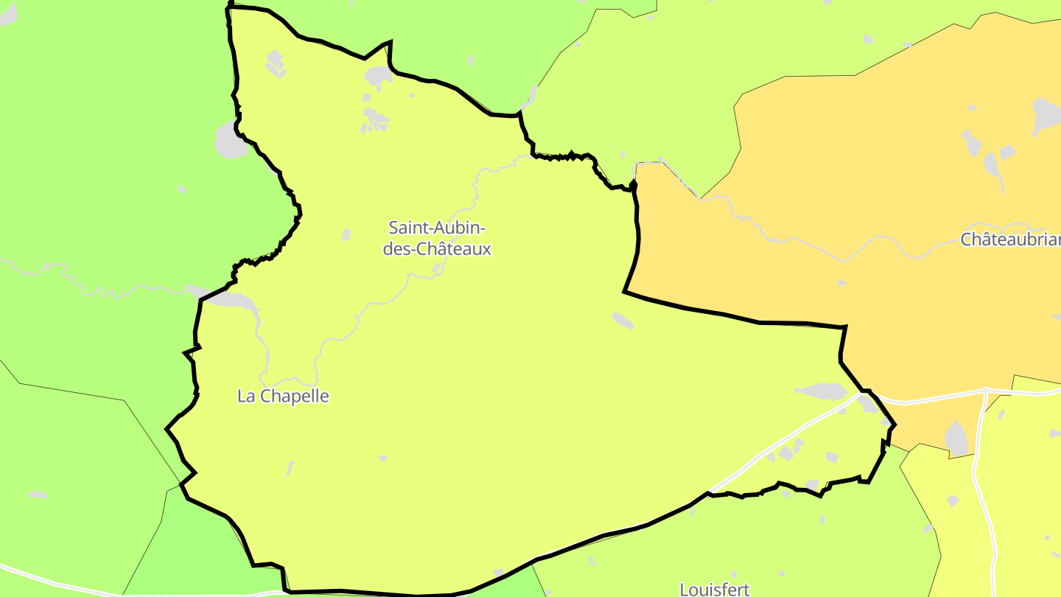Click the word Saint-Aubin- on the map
click(x=437, y=227)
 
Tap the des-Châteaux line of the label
click(x=437, y=249)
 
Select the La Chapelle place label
click(x=283, y=397)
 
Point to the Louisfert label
click(x=714, y=589)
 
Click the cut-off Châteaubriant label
click(x=1010, y=240)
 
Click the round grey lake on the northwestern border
click(x=231, y=141)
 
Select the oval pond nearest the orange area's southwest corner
click(x=623, y=320)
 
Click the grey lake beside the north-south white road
click(x=956, y=439)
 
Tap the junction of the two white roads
click(x=986, y=391)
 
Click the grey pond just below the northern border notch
click(x=379, y=74)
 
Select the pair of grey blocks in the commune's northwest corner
click(x=276, y=63)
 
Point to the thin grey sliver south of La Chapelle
click(x=290, y=468)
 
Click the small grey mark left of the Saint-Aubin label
click(x=346, y=234)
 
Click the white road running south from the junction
click(x=980, y=486)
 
